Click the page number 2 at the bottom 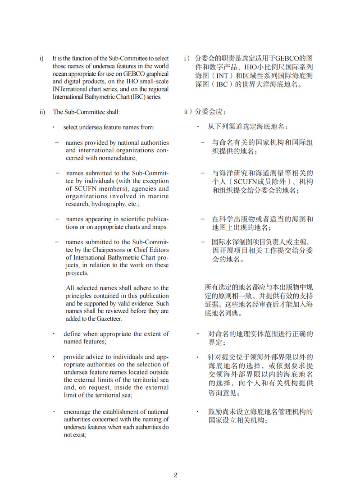(175, 475)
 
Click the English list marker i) (41, 58)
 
